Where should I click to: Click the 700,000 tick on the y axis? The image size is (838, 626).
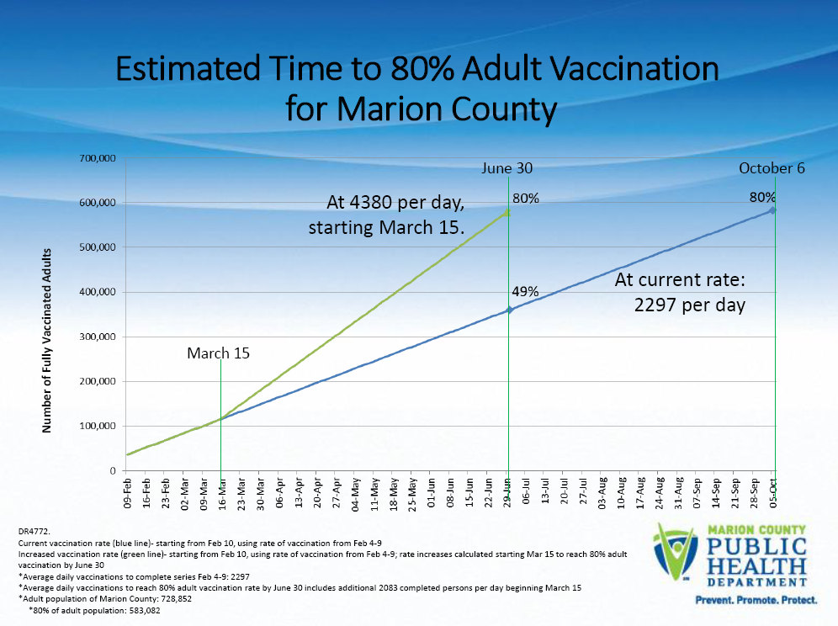(97, 158)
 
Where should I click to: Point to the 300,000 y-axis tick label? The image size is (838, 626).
(97, 337)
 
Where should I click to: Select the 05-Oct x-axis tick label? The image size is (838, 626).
(773, 494)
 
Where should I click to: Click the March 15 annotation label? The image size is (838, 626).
(218, 353)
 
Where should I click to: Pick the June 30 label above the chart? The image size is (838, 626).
(507, 168)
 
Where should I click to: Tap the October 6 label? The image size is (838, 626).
(772, 168)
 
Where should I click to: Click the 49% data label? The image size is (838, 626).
(525, 292)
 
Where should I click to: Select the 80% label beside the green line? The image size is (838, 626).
(526, 199)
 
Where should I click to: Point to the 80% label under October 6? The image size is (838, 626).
(762, 197)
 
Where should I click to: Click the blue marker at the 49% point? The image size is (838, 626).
(509, 310)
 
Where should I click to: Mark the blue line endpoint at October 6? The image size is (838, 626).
(773, 210)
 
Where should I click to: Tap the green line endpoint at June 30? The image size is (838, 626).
(507, 212)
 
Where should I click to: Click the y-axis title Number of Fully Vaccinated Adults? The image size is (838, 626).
(48, 341)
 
